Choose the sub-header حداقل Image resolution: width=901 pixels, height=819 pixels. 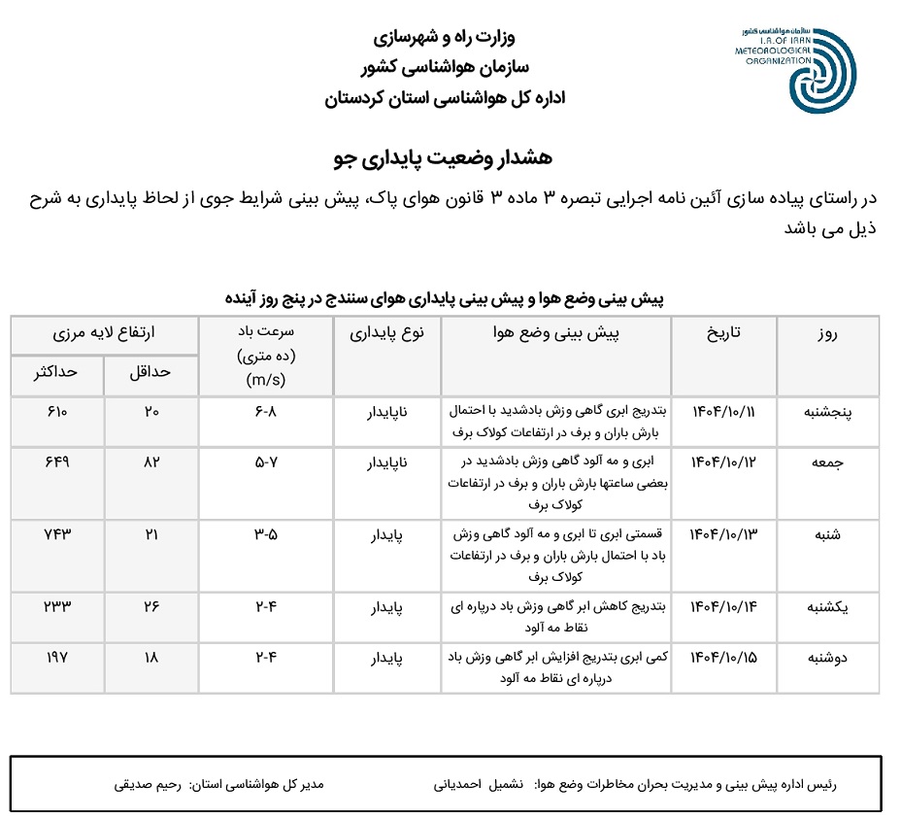[x=151, y=372]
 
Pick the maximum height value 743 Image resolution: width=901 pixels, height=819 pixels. [x=58, y=534]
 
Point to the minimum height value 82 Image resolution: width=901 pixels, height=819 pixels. [x=152, y=463]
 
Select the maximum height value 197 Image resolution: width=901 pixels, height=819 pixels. [x=58, y=658]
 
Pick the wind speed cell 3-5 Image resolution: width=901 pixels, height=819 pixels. [x=266, y=534]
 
